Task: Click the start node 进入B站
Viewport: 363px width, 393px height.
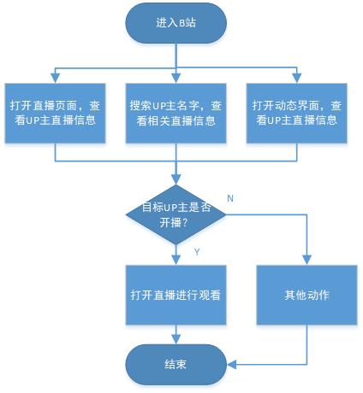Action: tap(176, 23)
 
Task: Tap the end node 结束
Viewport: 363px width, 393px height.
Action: tap(176, 364)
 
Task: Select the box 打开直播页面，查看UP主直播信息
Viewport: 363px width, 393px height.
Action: tap(55, 113)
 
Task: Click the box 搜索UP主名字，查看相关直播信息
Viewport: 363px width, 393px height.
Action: tap(176, 113)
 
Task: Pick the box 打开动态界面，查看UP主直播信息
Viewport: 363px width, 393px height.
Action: tap(297, 113)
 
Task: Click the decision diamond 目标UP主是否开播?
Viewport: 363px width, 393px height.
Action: tap(176, 214)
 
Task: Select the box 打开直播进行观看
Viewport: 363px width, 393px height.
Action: tap(176, 295)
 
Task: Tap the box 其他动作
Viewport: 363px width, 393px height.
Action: tap(306, 295)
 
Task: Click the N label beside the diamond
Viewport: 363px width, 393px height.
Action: tap(230, 198)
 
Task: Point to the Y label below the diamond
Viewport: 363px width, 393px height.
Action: tap(197, 252)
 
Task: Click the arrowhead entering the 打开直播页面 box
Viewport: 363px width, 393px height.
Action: tap(55, 79)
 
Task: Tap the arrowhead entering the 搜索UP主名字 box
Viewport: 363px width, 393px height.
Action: tap(176, 79)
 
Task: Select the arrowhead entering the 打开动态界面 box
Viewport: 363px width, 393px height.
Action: tap(297, 79)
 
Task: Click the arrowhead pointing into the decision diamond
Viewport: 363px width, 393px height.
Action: tap(176, 179)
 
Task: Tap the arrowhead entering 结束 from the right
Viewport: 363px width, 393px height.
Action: tap(232, 364)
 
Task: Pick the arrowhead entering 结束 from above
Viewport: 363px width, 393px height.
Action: tap(176, 339)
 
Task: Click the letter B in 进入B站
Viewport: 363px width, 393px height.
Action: tap(182, 23)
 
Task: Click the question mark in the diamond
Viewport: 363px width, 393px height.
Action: tap(185, 222)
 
